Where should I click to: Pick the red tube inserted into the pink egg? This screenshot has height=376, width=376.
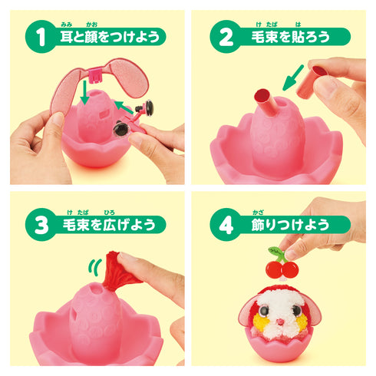[x=264, y=104]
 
